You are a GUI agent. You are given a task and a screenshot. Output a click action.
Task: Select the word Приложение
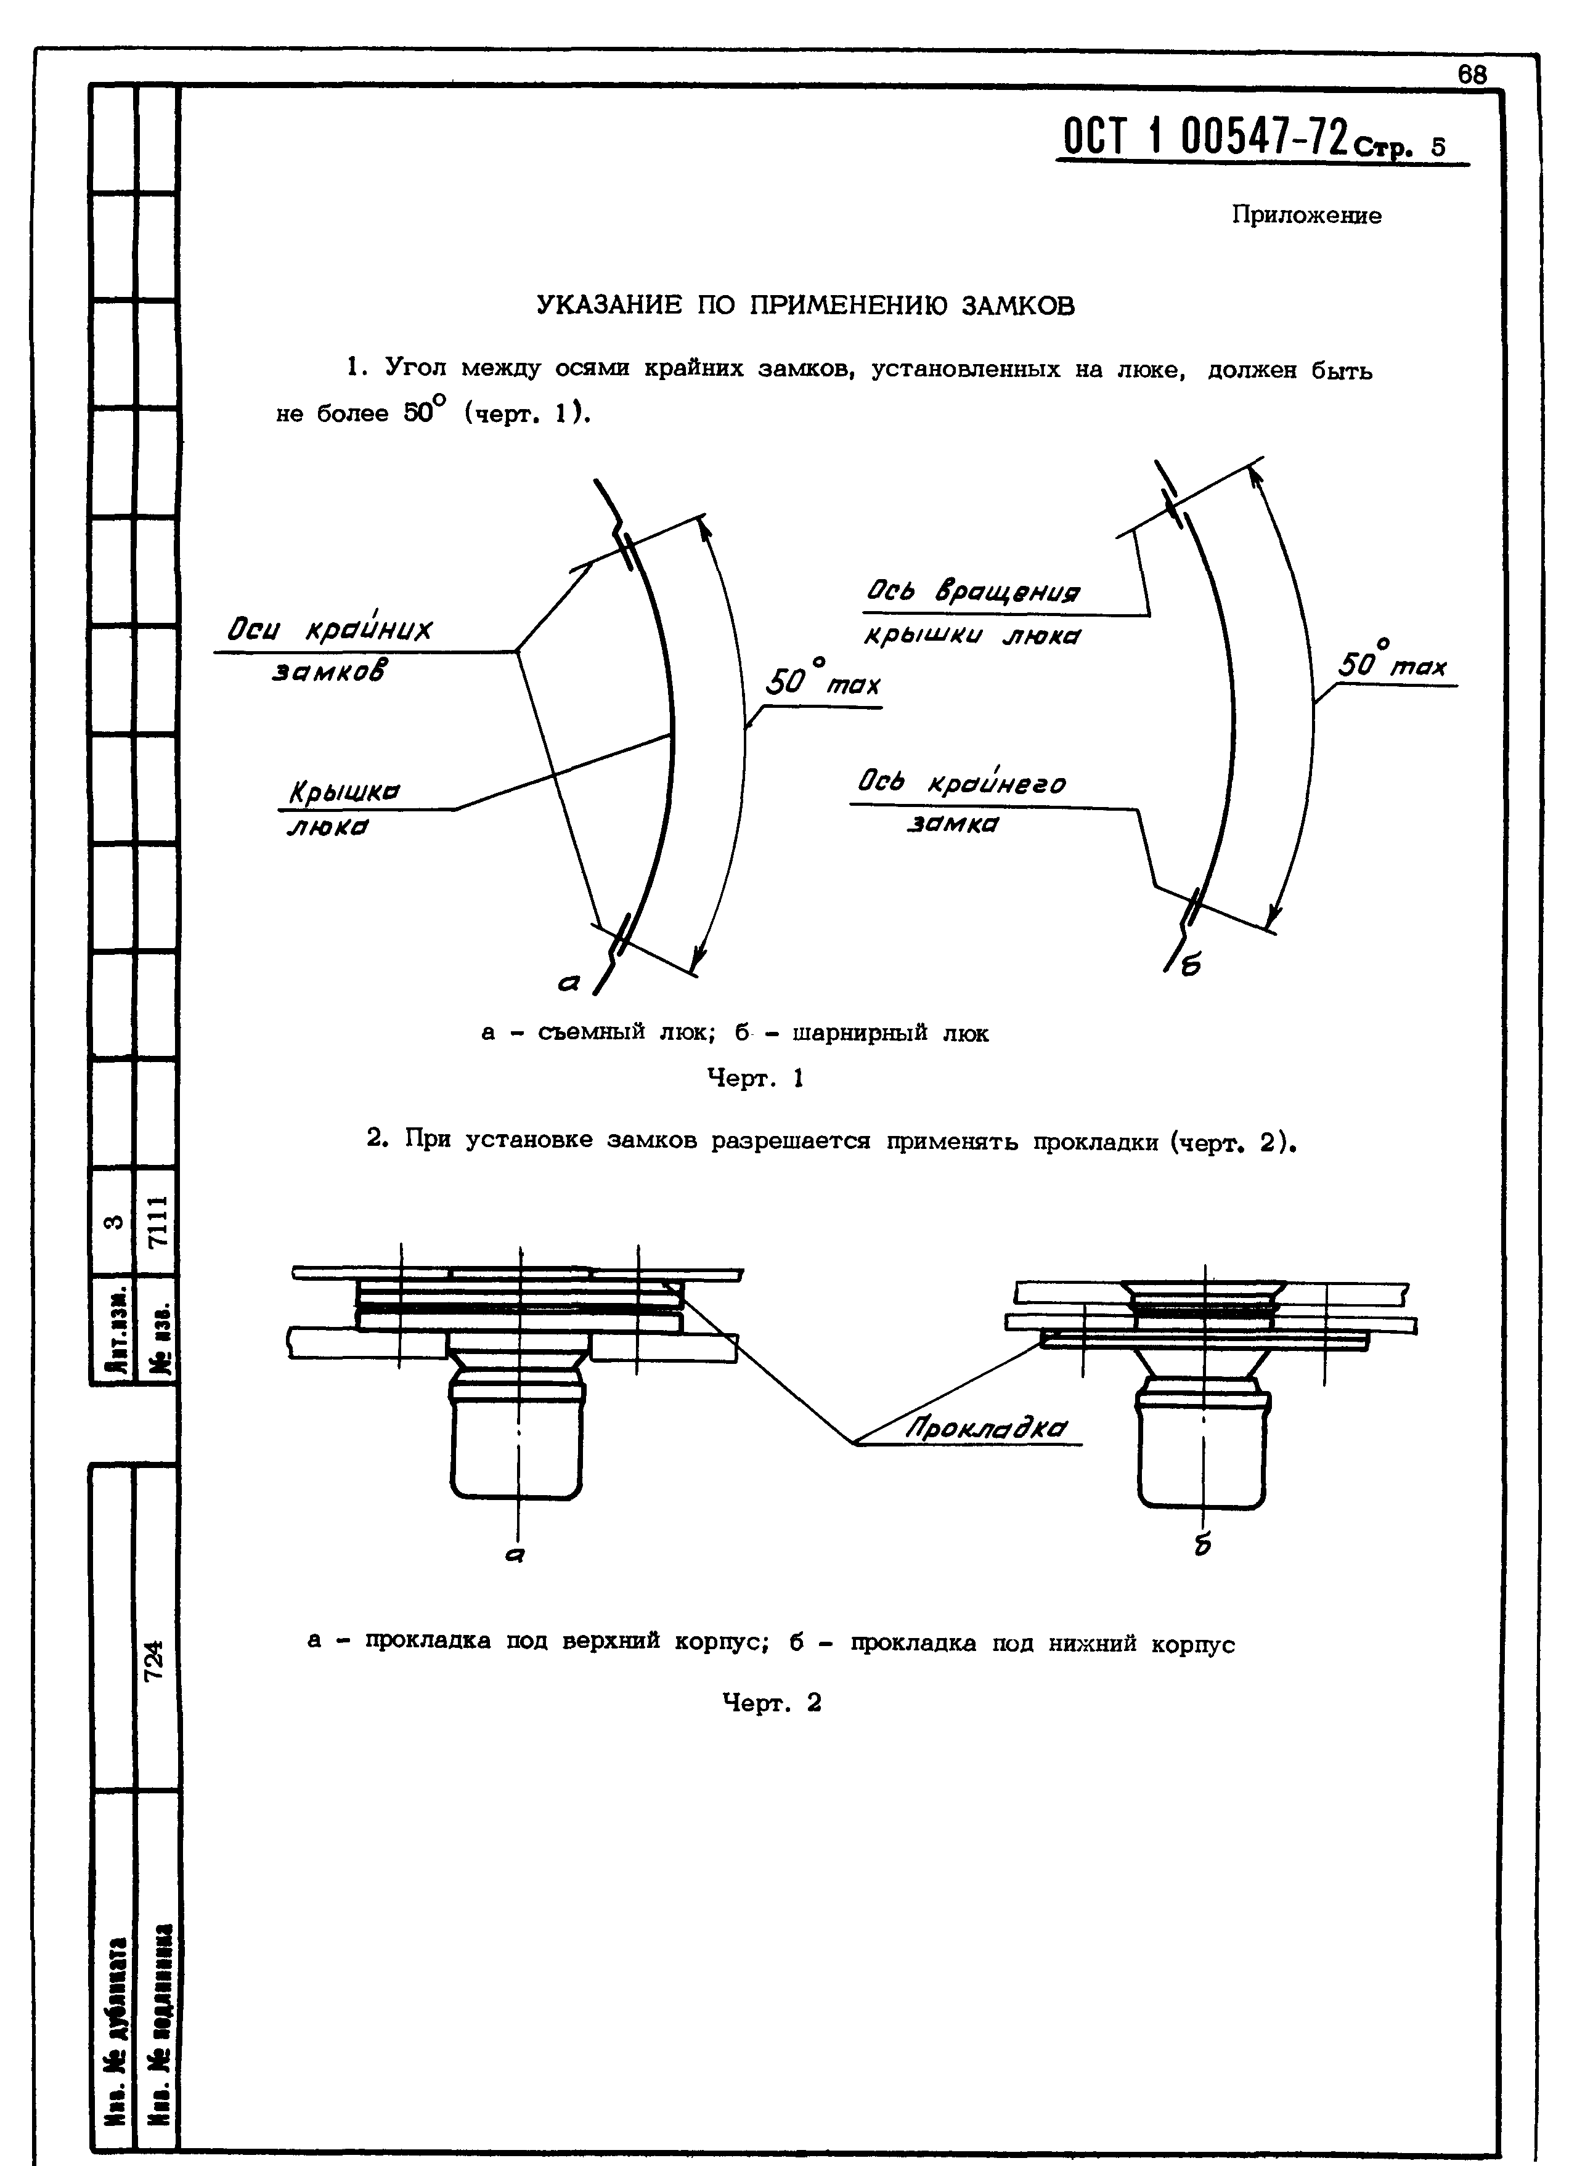coord(1305,216)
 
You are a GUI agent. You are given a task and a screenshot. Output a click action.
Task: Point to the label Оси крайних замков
coord(330,647)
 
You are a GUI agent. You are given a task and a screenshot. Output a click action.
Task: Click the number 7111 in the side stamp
coord(158,1220)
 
